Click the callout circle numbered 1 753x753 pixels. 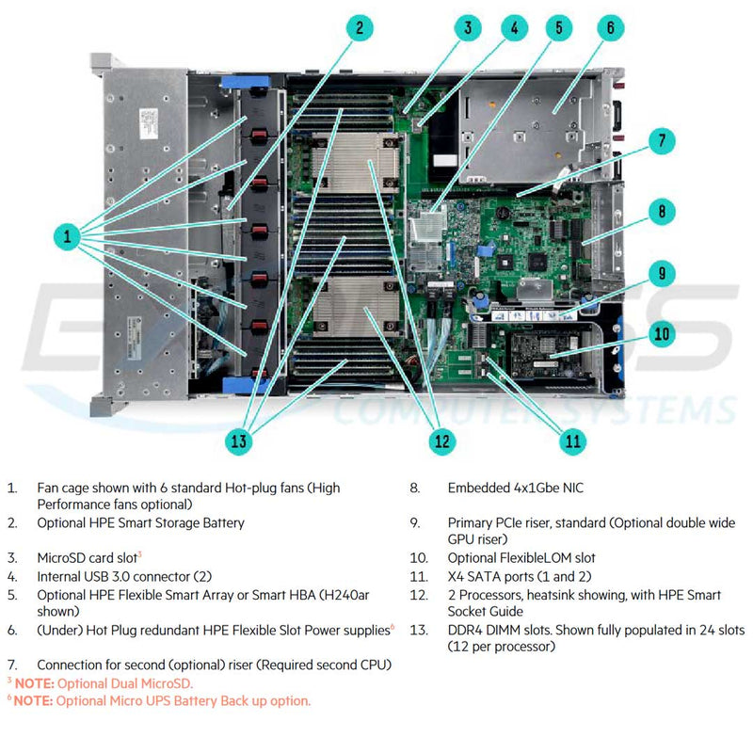tap(67, 236)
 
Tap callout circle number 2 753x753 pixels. tap(359, 27)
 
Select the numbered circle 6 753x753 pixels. tap(609, 27)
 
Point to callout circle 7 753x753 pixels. tap(662, 142)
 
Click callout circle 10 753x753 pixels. tap(662, 332)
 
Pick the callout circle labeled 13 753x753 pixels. tap(240, 440)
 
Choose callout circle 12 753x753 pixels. tap(440, 440)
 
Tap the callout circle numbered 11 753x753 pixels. tap(571, 440)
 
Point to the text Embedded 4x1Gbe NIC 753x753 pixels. tap(515, 488)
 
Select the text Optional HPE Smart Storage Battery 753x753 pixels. tap(140, 522)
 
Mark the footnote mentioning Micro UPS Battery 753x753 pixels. tap(160, 701)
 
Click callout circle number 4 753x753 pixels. tap(513, 27)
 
